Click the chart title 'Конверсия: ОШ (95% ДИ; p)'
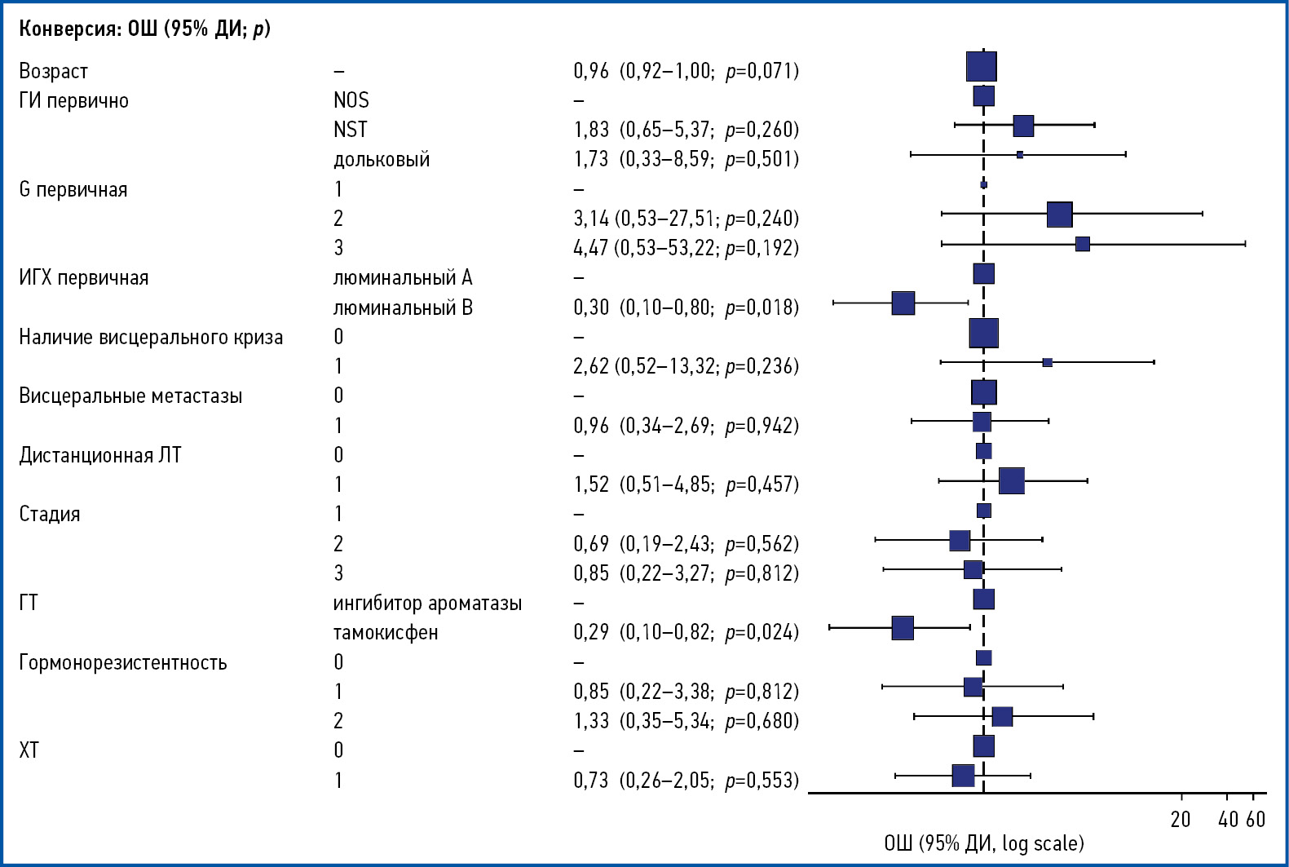144,29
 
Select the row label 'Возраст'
53,72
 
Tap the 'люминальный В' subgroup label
403,308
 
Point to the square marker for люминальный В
903,303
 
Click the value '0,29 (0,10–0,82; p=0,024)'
686,632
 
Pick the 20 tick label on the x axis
1181,819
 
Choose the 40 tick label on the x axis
1228,819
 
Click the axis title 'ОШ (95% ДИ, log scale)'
983,843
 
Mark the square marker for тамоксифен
903,628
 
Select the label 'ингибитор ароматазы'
427,604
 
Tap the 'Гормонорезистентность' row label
123,662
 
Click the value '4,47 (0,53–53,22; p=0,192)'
686,248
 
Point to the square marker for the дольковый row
1020,154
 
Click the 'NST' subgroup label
351,130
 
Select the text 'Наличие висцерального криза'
151,338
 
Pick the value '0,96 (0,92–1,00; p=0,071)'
686,71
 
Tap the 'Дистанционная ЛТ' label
100,455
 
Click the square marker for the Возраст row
982,67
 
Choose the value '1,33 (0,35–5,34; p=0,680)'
686,721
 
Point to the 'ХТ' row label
29,750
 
